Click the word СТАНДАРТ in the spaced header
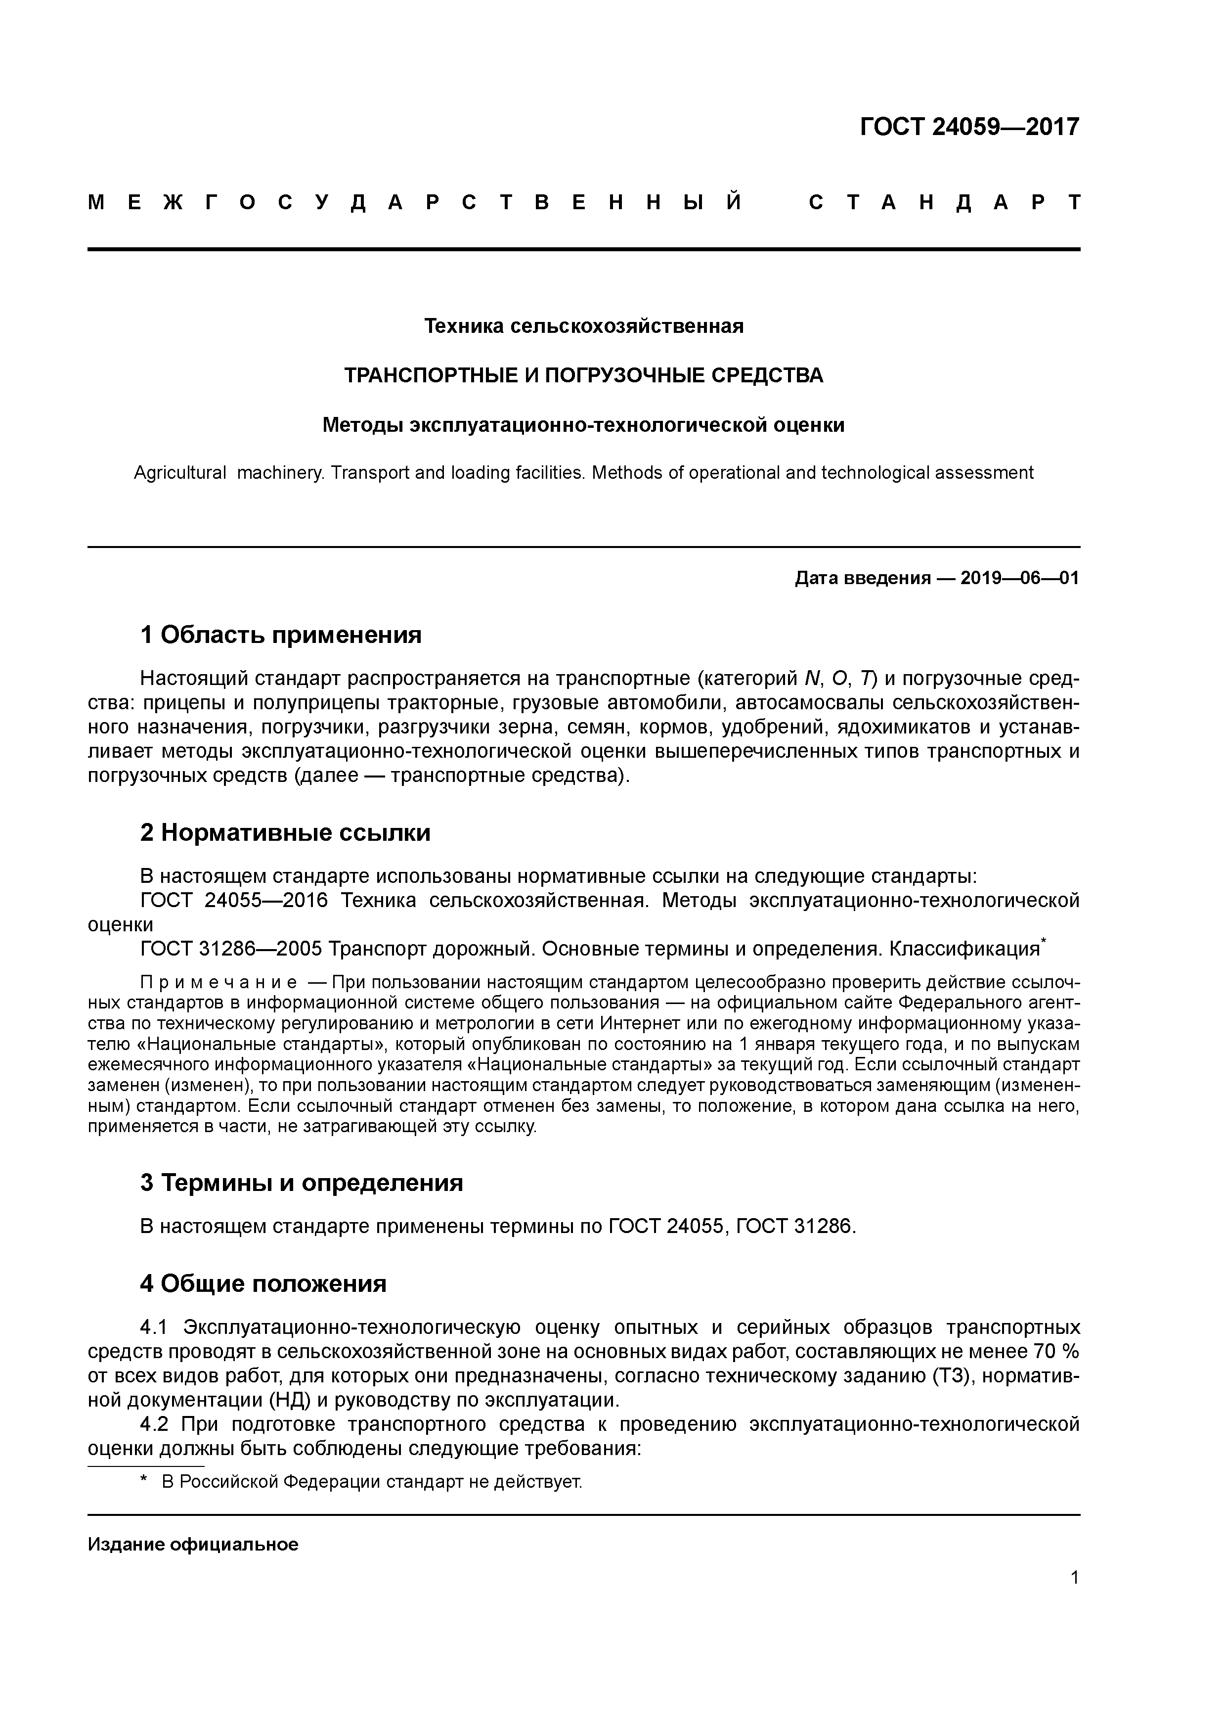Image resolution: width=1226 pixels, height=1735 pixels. (x=944, y=202)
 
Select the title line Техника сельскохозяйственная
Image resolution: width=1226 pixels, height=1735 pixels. (x=583, y=326)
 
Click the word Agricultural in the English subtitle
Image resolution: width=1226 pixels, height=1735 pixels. (x=180, y=473)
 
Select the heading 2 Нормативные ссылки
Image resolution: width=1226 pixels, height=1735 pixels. (x=285, y=833)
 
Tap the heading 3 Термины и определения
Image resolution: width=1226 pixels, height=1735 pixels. (x=302, y=1183)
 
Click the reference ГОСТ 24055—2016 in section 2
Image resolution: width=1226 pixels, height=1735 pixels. (x=233, y=901)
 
